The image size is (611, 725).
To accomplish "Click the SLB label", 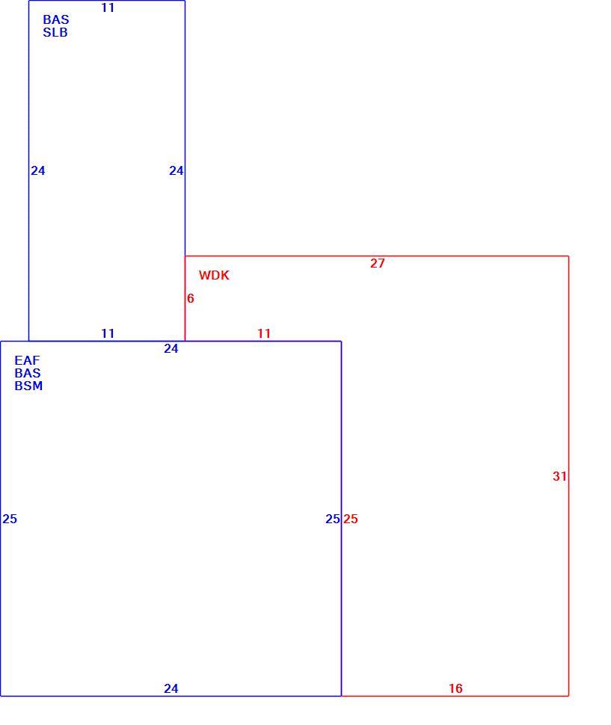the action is pos(55,32).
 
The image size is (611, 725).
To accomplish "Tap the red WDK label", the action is pos(214,275).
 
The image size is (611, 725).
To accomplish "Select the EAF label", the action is pos(27,360).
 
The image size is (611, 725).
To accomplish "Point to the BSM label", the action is pos(28,386).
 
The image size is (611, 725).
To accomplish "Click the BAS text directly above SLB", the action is pos(55,19).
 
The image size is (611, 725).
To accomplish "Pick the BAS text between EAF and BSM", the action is pos(27,373).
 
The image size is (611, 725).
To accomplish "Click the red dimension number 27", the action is pos(377,263).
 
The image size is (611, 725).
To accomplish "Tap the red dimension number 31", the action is pos(559,476).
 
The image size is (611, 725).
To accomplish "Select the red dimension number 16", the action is pos(455,688).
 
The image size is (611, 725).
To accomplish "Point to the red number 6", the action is pos(190,298).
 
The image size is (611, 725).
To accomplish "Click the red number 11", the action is pos(264,333).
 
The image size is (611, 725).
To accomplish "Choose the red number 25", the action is pos(350,519).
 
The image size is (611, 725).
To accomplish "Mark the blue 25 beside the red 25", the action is pos(333,519).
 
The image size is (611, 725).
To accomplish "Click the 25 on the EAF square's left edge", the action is pos(10,519).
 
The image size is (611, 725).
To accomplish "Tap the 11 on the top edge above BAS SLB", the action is pos(107,8).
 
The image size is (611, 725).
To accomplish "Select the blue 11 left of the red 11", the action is pos(107,333).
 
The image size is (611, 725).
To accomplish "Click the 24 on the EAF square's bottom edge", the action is pos(171,688).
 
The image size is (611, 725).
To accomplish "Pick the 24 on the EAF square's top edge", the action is pos(171,348).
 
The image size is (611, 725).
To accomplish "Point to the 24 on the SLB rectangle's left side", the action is pos(38,170).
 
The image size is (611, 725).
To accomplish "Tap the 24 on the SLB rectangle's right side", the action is pos(176,170).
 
